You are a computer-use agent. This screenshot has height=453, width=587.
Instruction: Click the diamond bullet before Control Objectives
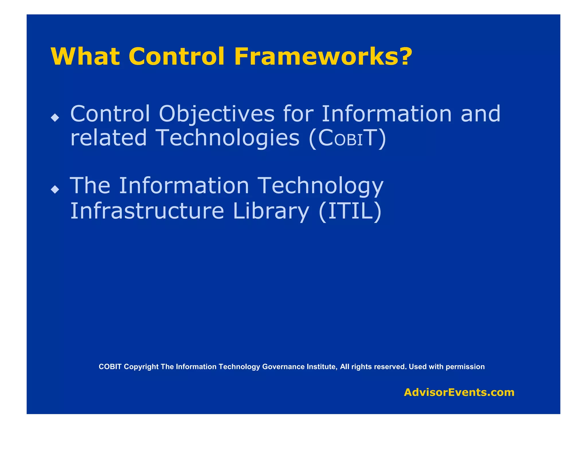tap(55, 117)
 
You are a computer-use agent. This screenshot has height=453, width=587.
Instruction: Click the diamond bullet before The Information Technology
tap(55, 189)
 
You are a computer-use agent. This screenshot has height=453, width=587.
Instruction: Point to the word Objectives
tap(217, 114)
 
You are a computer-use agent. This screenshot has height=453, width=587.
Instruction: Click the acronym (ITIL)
tap(350, 211)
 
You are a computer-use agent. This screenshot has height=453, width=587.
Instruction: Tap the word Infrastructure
tap(147, 211)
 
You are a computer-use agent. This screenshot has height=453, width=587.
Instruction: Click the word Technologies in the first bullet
tap(228, 138)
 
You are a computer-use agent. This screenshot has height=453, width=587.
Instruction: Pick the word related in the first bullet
tap(108, 138)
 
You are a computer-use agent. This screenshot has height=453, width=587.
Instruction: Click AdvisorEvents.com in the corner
tap(459, 392)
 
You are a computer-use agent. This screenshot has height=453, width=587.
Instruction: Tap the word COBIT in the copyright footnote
tap(110, 367)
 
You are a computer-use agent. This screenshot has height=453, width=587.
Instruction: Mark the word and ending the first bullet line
tap(480, 114)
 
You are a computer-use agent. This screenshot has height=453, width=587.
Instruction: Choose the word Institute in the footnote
tap(322, 367)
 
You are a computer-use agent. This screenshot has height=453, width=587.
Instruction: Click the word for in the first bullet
tap(298, 114)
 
